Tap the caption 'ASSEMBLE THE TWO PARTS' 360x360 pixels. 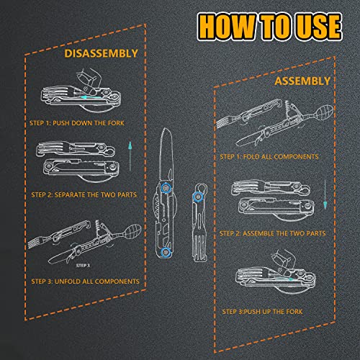(x=282, y=233)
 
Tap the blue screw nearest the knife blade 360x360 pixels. (x=167, y=187)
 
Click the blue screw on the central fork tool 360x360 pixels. (x=194, y=194)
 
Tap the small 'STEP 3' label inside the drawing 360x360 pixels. (x=72, y=245)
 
